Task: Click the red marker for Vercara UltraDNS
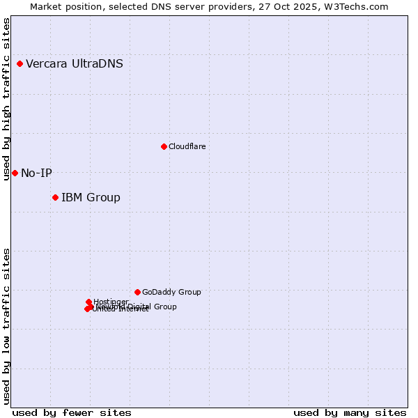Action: [20, 64]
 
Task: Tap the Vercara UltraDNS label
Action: [75, 64]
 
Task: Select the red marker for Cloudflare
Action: [164, 146]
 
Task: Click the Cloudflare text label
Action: [187, 146]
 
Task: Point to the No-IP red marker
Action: [15, 173]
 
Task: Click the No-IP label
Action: [36, 173]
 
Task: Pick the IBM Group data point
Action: [55, 198]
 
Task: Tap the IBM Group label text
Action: [91, 198]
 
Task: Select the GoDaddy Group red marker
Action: [137, 292]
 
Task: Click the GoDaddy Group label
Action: [171, 292]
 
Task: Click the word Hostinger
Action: [111, 302]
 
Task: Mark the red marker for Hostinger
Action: [89, 302]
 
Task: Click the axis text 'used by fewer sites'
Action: [71, 412]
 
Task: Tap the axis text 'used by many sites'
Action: [350, 412]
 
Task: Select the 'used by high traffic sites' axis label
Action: [6, 99]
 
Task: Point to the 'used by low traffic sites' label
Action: [6, 326]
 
